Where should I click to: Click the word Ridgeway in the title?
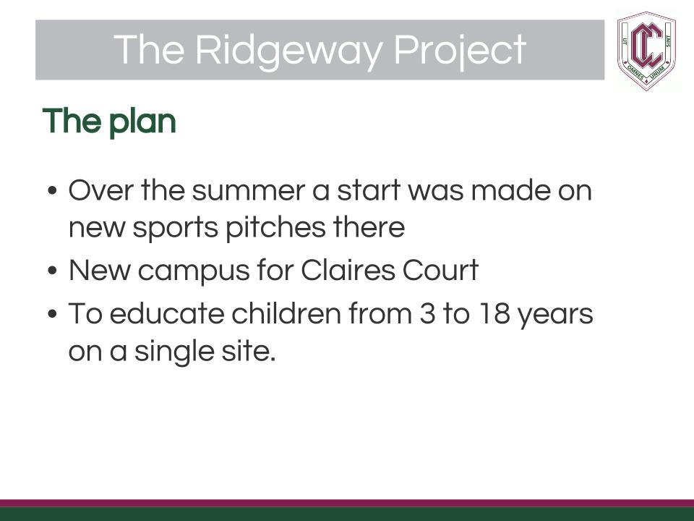pyautogui.click(x=288, y=50)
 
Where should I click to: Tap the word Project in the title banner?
pyautogui.click(x=460, y=51)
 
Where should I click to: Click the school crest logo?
pyautogui.click(x=646, y=51)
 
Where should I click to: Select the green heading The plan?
pyautogui.click(x=109, y=122)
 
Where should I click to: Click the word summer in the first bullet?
pyautogui.click(x=248, y=191)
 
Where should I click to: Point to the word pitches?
pyautogui.click(x=275, y=228)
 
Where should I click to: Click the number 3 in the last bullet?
pyautogui.click(x=427, y=313)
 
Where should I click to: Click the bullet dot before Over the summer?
pyautogui.click(x=52, y=191)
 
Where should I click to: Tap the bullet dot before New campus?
pyautogui.click(x=52, y=270)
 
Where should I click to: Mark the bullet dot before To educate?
pyautogui.click(x=52, y=313)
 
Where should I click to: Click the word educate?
pyautogui.click(x=167, y=313)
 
